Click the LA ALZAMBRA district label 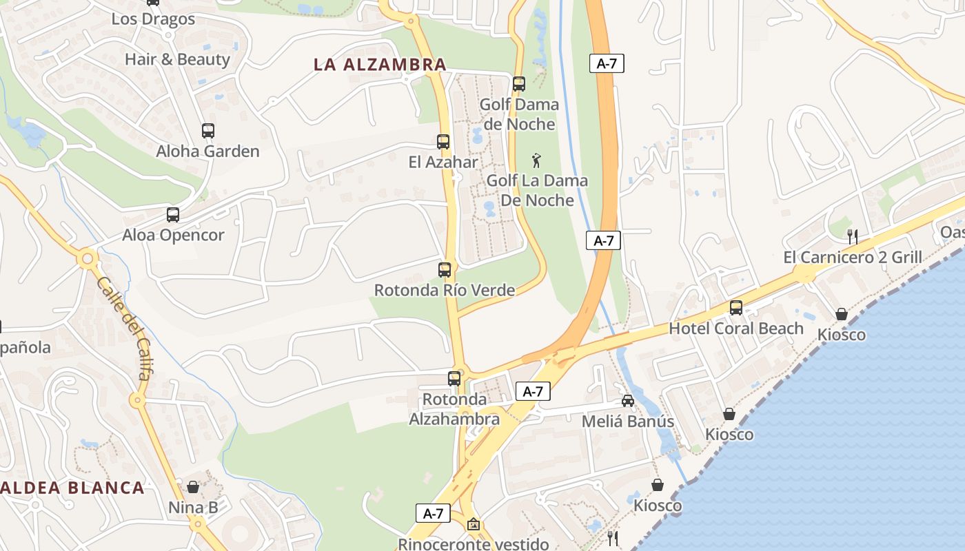pos(380,65)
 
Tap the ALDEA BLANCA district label pos(72,488)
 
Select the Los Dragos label pos(153,19)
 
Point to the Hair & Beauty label pos(177,59)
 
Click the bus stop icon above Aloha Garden pos(207,131)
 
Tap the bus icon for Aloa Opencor pos(173,215)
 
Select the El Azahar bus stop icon pos(443,142)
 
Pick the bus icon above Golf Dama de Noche pos(519,84)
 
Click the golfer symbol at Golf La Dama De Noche pos(536,161)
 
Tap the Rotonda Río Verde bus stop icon pos(445,270)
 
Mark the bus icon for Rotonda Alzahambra pos(454,378)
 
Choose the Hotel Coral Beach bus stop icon pos(736,308)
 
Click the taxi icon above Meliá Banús pos(628,401)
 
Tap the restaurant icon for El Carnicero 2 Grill pos(853,236)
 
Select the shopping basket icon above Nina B pos(193,487)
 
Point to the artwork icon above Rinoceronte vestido pos(473,524)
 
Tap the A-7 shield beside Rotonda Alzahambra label pos(533,391)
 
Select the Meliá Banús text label pos(628,421)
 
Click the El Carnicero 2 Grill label pos(853,258)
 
